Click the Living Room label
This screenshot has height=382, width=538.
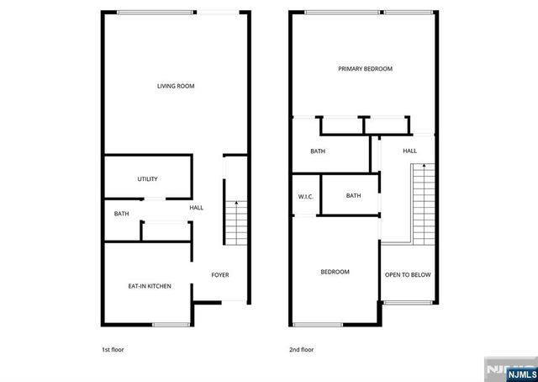point(176,86)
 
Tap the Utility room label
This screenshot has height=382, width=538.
point(148,179)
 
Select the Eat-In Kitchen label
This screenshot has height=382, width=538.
point(150,287)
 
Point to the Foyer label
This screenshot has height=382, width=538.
point(219,275)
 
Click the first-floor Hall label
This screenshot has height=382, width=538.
point(196,208)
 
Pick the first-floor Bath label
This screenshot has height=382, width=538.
point(122,214)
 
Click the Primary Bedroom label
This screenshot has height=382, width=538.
point(365,69)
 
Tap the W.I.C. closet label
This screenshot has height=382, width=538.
point(305,197)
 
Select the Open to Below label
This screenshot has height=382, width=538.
point(408,275)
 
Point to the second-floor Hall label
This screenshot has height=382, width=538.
point(409,151)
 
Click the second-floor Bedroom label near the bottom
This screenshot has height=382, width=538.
point(335,272)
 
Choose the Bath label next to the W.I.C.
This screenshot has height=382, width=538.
point(353,196)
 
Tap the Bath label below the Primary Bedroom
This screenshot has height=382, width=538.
point(318,152)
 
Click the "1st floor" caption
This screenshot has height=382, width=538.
point(112,348)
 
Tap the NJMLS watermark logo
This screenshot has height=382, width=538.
point(509,369)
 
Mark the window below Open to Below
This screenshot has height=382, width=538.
point(408,302)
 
